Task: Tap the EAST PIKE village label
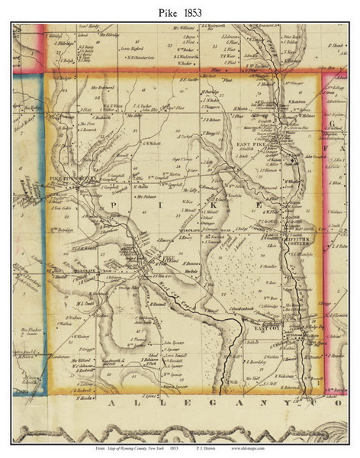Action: (x=249, y=144)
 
